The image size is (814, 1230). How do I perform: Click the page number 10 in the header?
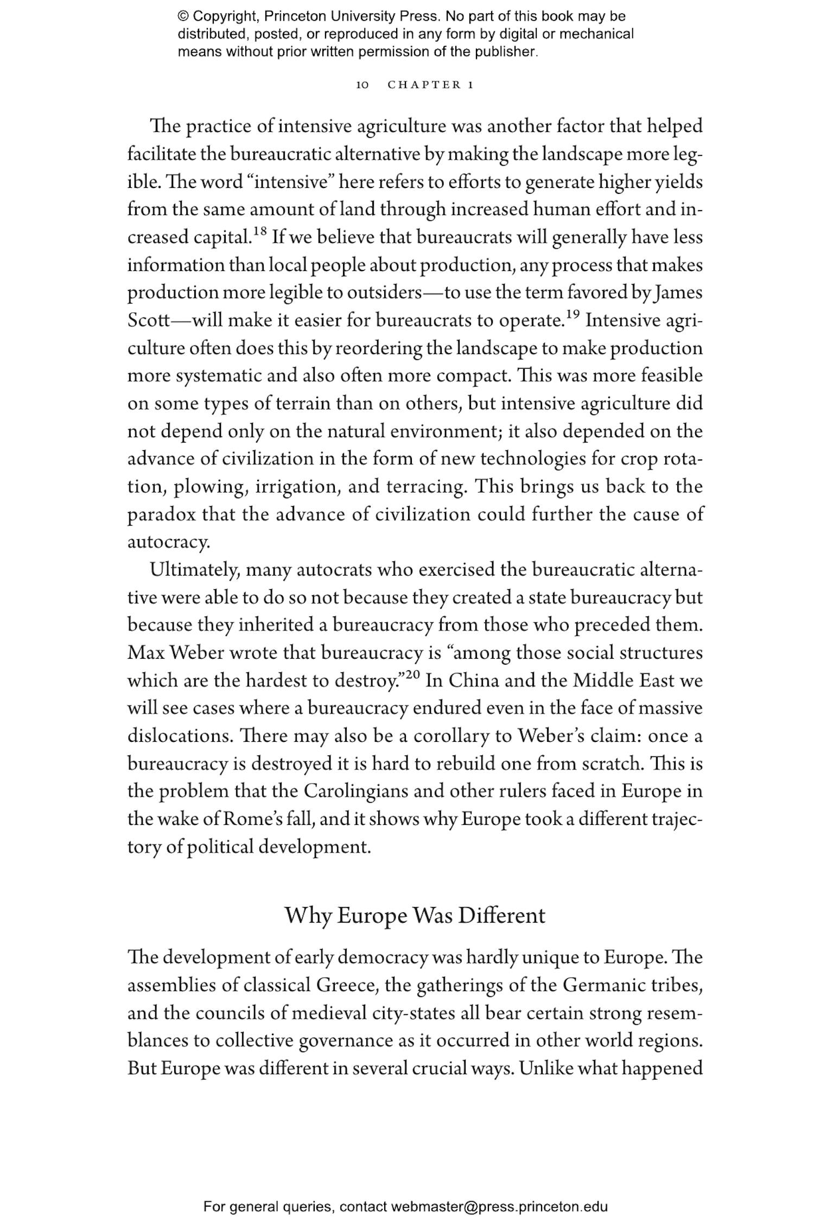pyautogui.click(x=362, y=85)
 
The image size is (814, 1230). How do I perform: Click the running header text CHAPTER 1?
pyautogui.click(x=431, y=85)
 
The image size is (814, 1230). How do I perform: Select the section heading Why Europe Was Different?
pyautogui.click(x=415, y=915)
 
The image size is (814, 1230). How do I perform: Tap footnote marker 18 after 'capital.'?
pyautogui.click(x=260, y=232)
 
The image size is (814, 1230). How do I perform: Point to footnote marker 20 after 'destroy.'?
pyautogui.click(x=413, y=675)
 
